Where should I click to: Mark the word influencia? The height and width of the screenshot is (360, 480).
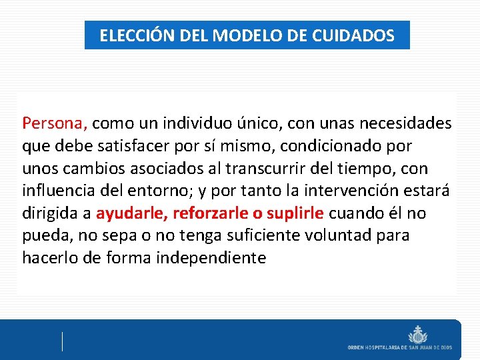click(x=57, y=191)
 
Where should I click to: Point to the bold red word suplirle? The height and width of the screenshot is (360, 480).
click(x=295, y=213)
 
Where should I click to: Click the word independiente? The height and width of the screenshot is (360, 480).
click(x=211, y=258)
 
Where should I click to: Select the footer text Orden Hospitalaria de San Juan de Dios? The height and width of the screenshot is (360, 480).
click(x=399, y=347)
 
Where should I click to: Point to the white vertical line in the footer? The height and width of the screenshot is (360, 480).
click(x=62, y=341)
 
